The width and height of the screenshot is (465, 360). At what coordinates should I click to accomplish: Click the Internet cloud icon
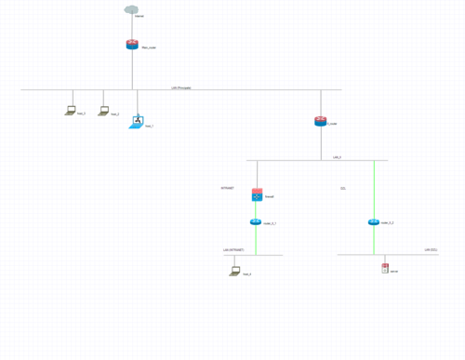click(131, 10)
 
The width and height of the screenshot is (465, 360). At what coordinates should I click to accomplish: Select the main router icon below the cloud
click(132, 45)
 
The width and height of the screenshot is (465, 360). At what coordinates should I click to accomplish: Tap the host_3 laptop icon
click(71, 111)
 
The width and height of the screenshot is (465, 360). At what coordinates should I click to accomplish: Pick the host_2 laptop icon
click(104, 111)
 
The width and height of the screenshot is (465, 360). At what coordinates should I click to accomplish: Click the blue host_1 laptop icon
click(137, 122)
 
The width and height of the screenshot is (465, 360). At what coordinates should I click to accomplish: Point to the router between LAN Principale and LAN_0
click(321, 121)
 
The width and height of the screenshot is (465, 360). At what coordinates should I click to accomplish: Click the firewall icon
click(257, 195)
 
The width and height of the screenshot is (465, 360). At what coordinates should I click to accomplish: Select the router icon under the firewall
click(256, 222)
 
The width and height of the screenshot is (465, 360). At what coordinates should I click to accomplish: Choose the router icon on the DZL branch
click(374, 222)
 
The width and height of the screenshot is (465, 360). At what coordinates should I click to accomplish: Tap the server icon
click(385, 269)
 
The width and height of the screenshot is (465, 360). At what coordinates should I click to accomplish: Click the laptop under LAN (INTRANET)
click(235, 272)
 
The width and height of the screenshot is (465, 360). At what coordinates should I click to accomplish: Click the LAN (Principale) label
click(181, 87)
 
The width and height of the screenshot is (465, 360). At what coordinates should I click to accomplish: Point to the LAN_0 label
click(338, 157)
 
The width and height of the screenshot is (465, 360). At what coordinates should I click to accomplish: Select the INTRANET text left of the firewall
click(228, 188)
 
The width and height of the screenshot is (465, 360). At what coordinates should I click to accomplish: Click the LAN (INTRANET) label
click(233, 250)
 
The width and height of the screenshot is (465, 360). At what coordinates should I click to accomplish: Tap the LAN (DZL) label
click(432, 250)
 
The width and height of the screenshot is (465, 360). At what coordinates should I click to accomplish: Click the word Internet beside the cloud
click(139, 17)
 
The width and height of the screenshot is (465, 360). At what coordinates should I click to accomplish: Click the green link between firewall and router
click(256, 210)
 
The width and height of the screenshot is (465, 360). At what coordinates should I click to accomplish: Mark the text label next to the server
click(394, 271)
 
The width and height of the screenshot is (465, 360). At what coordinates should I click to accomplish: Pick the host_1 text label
click(149, 126)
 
